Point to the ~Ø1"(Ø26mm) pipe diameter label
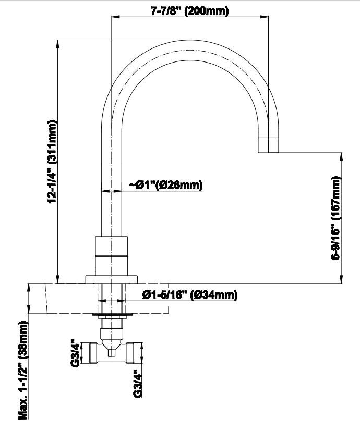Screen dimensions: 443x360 [165, 184]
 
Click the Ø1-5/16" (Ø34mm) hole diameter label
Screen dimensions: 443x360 [189, 295]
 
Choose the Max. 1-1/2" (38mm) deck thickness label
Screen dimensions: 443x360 [23, 371]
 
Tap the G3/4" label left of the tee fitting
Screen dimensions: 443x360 [77, 353]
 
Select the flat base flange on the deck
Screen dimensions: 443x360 [111, 278]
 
